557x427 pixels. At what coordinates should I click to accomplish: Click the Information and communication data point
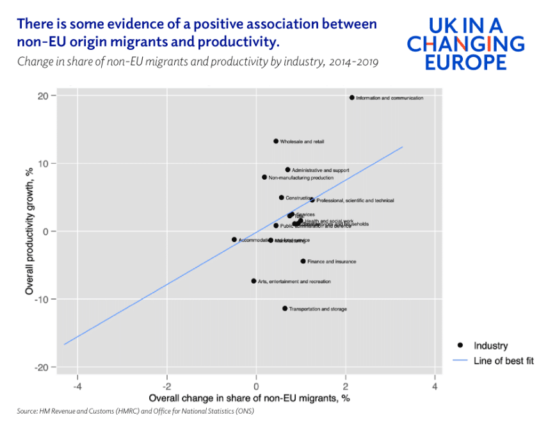[351, 97]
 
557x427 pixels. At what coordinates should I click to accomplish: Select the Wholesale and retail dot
[276, 141]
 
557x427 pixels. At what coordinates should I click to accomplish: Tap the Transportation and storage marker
[285, 309]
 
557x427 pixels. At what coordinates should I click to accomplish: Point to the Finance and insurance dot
[303, 261]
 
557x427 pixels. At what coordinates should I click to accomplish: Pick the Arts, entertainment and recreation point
[254, 281]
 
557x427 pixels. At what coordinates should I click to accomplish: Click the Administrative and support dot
[287, 170]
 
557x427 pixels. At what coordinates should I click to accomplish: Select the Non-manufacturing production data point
[264, 177]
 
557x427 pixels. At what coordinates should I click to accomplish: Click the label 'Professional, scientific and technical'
[355, 200]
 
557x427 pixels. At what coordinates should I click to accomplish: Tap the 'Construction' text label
[298, 198]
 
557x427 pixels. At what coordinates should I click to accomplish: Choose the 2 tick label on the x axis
[346, 387]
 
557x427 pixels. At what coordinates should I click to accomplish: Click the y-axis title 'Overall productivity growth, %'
[29, 231]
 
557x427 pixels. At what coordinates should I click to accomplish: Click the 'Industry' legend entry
[490, 346]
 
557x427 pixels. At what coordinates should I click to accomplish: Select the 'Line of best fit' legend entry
[503, 360]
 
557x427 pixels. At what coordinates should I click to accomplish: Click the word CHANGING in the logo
[465, 44]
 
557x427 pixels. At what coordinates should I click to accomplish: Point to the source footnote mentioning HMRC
[135, 411]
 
